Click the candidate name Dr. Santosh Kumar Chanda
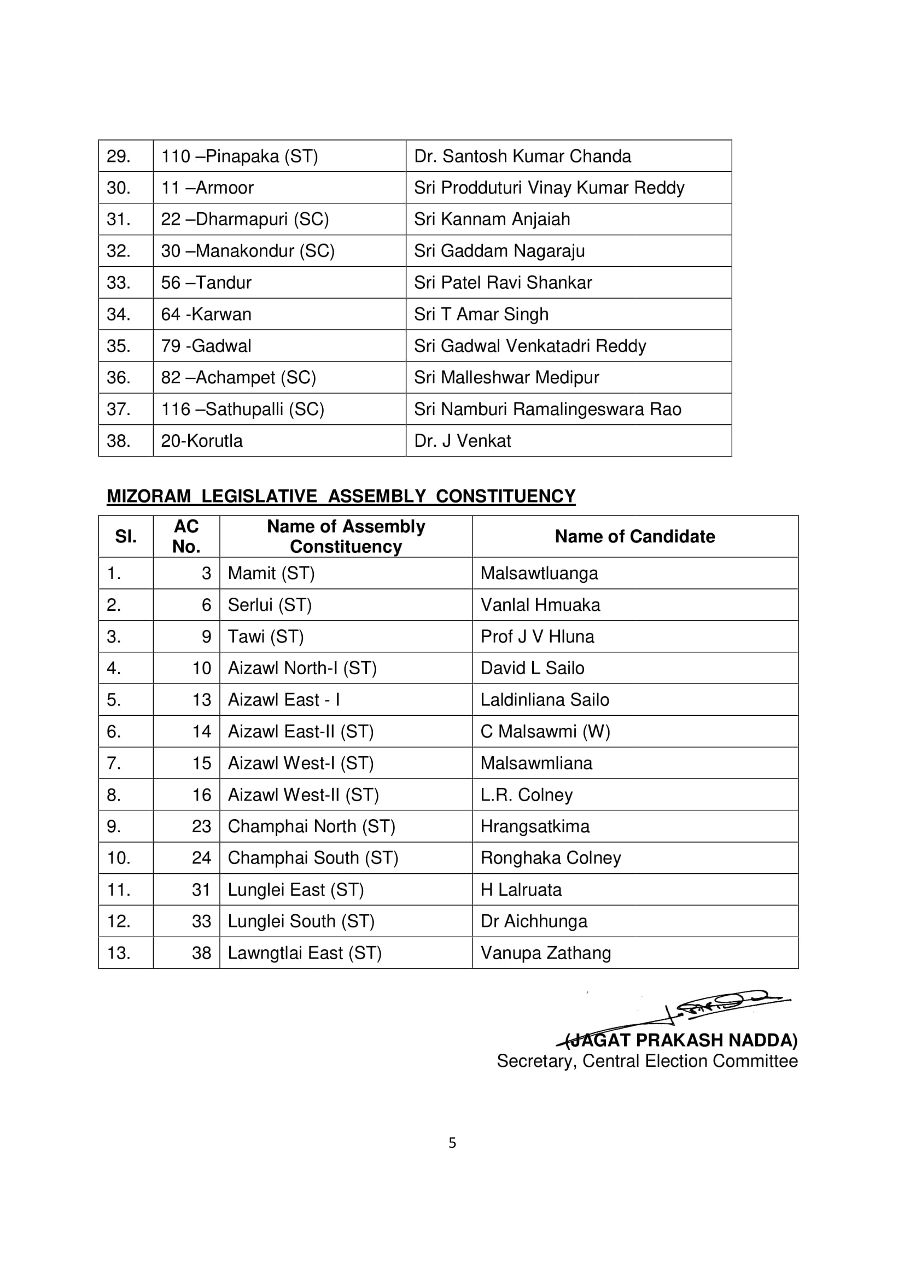(522, 156)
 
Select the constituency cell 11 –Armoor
(207, 188)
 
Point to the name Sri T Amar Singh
(481, 314)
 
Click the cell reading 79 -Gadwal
(206, 346)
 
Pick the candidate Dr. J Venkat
(462, 441)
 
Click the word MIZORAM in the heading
(148, 496)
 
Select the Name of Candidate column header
(634, 536)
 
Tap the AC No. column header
(186, 536)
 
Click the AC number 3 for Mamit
(206, 573)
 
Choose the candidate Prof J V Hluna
(537, 636)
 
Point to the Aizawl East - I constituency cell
(283, 700)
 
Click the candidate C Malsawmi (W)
(545, 732)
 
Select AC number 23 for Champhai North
(201, 826)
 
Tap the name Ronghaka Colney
(550, 858)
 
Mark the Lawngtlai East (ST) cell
(304, 953)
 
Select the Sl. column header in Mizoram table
(125, 536)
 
